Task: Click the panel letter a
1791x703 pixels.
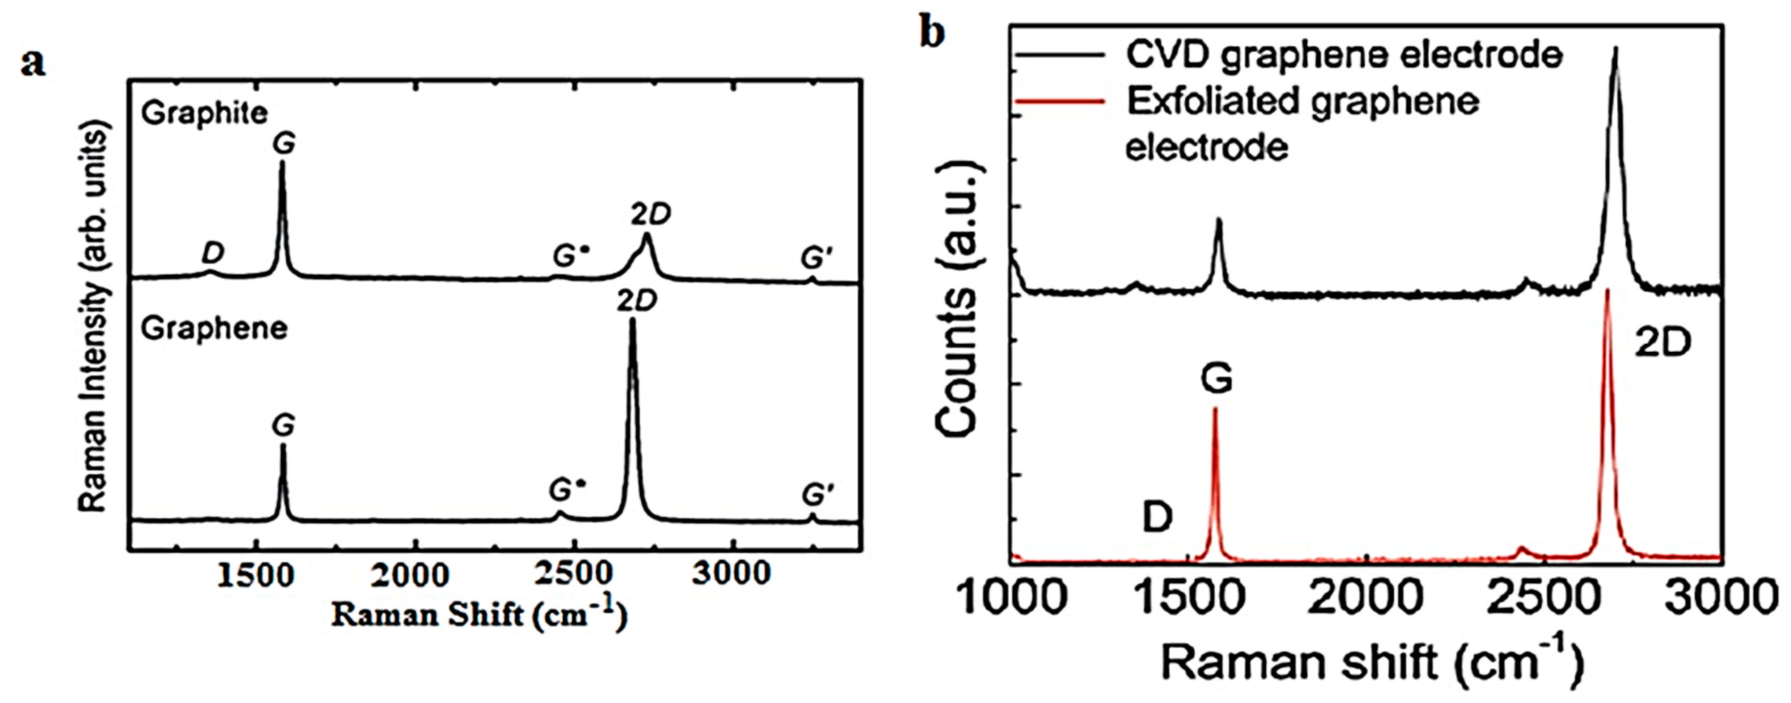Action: click(33, 64)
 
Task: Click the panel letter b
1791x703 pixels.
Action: click(932, 32)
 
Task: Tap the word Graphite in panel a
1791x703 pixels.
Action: click(204, 113)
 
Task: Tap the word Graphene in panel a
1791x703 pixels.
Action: click(214, 328)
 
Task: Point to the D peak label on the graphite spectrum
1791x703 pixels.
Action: click(213, 253)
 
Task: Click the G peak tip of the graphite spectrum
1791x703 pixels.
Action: click(281, 163)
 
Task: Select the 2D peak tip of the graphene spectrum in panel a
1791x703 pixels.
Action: click(632, 320)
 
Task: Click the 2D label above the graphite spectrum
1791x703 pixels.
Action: click(651, 215)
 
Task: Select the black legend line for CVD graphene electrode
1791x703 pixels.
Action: click(1060, 54)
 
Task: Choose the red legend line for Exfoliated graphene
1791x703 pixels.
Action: click(1060, 101)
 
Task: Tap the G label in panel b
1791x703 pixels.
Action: click(1217, 380)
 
